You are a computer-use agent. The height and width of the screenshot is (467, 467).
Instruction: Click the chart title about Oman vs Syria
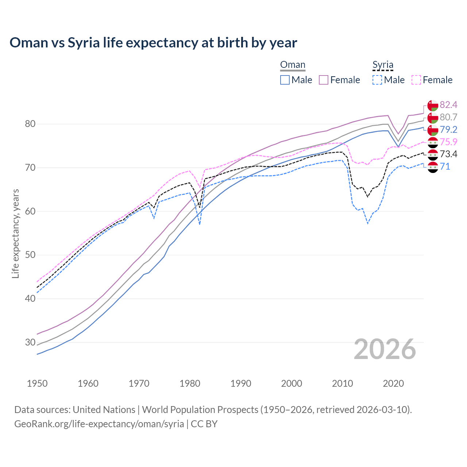153,43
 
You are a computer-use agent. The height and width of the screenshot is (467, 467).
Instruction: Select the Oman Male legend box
285,80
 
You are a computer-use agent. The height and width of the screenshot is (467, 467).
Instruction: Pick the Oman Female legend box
324,80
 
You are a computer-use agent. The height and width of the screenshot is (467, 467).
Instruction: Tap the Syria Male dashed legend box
377,80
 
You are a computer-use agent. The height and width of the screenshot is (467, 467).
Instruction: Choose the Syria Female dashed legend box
416,80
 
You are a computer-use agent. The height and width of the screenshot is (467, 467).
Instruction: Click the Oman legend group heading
293,65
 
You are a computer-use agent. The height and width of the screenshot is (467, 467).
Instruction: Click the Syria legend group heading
383,65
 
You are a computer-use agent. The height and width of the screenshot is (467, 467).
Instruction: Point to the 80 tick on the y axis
30,124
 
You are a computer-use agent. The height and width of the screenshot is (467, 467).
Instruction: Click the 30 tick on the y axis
30,342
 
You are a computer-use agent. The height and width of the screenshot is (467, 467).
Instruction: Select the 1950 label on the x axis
37,383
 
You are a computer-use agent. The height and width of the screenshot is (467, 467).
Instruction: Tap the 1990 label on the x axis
241,383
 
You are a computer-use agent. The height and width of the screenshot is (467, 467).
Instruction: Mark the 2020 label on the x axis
394,383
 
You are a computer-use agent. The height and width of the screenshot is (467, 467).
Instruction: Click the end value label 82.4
448,105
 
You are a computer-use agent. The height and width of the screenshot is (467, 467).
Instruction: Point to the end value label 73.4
448,154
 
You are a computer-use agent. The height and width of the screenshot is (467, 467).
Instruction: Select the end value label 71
445,167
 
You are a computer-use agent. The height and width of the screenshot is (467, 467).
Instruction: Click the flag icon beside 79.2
433,130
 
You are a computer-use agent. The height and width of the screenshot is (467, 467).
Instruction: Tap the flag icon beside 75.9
433,142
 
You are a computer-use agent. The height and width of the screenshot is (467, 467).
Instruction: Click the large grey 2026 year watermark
385,349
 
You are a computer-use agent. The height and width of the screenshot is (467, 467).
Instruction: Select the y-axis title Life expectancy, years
16,233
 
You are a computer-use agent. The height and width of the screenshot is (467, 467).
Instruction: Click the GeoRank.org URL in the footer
99,424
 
